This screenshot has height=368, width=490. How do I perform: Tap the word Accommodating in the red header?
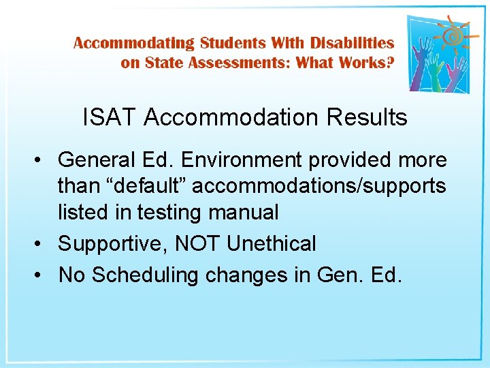coord(134,43)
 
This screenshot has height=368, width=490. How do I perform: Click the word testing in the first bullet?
coord(165,212)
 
